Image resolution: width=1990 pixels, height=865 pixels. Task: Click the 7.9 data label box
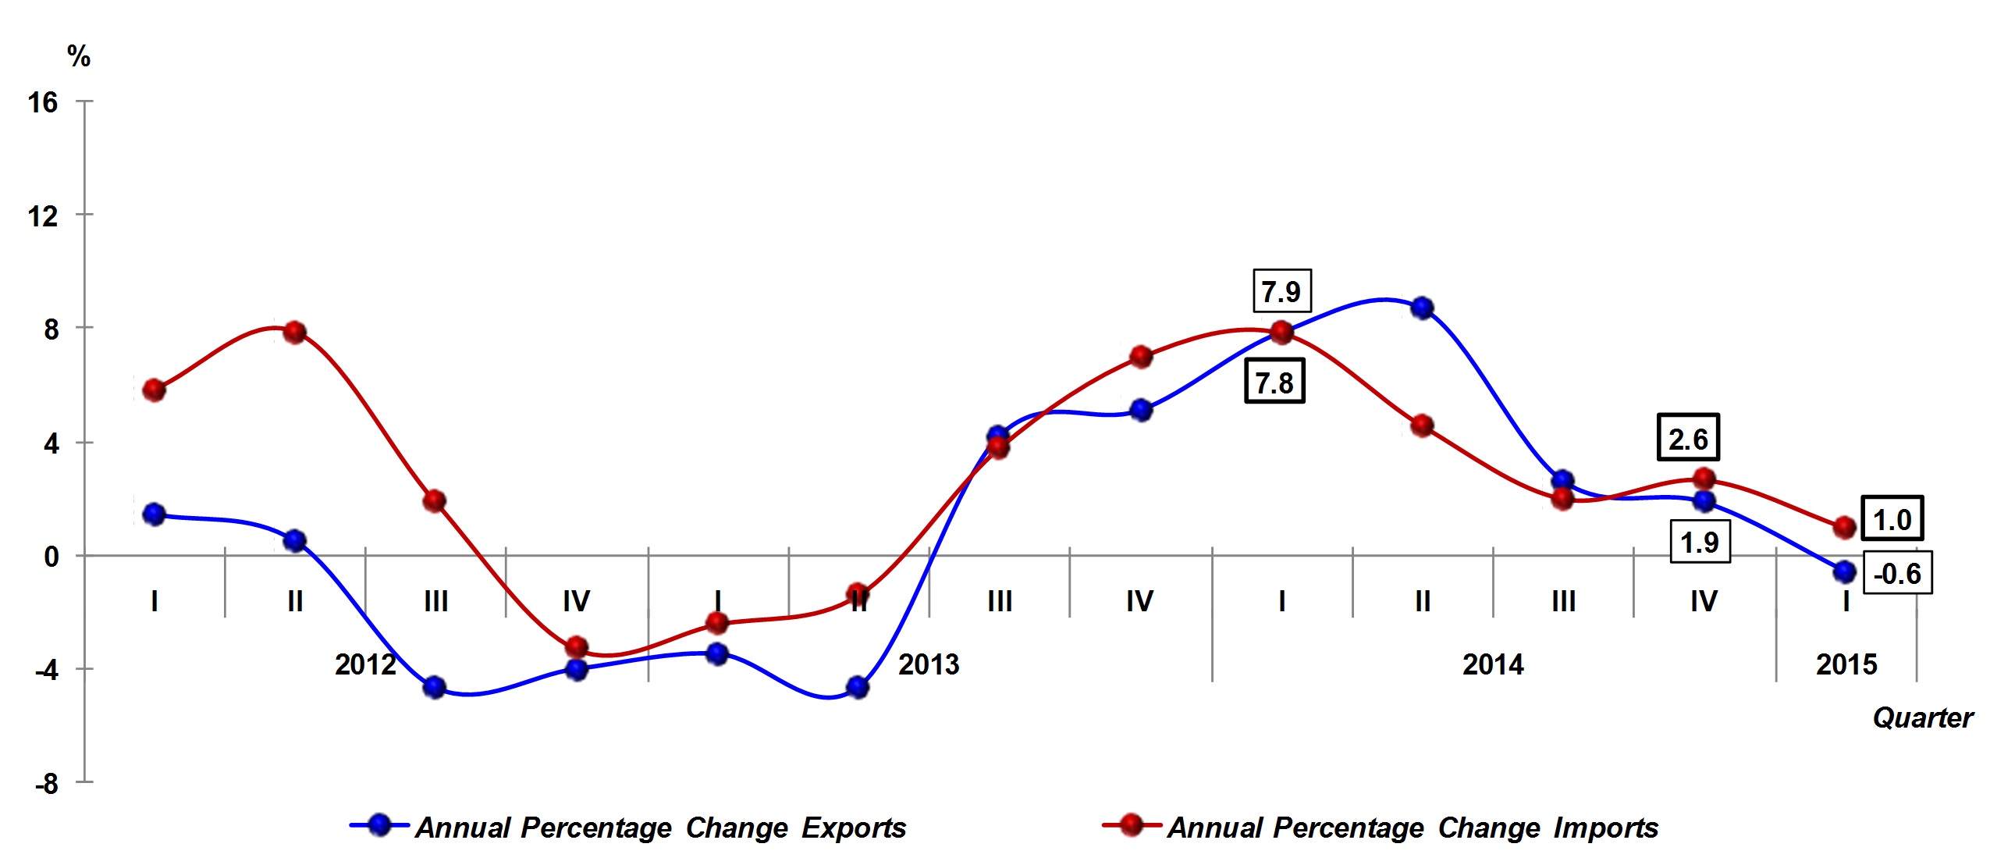pyautogui.click(x=1281, y=291)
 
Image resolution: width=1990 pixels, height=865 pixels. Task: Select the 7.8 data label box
pyautogui.click(x=1274, y=382)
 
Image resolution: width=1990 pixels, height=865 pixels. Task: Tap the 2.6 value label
pyautogui.click(x=1688, y=438)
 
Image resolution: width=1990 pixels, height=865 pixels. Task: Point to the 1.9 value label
pyautogui.click(x=1700, y=542)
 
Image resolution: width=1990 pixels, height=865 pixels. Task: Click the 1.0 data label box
pyautogui.click(x=1892, y=518)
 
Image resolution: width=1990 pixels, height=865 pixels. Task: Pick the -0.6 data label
pyautogui.click(x=1897, y=573)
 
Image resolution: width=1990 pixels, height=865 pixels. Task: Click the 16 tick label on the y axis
pyautogui.click(x=43, y=102)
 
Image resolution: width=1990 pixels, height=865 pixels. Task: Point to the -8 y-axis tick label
pyautogui.click(x=46, y=783)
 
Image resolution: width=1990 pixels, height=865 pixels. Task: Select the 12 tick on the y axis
pyautogui.click(x=43, y=216)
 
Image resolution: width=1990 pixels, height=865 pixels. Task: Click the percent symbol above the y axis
pyautogui.click(x=79, y=56)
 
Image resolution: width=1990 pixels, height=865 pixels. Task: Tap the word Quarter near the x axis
pyautogui.click(x=1923, y=717)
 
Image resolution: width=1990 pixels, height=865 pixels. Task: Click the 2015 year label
pyautogui.click(x=1846, y=664)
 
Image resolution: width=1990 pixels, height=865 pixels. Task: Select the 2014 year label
pyautogui.click(x=1492, y=664)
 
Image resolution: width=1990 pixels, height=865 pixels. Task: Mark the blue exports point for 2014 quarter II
pyautogui.click(x=1422, y=308)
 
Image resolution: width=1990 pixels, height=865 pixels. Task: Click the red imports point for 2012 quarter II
pyautogui.click(x=294, y=333)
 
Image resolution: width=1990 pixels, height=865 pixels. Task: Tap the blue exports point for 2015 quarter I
pyautogui.click(x=1845, y=571)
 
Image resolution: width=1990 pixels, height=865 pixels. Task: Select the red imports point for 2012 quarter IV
pyautogui.click(x=577, y=647)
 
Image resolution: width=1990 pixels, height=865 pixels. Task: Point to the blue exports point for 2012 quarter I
pyautogui.click(x=154, y=514)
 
